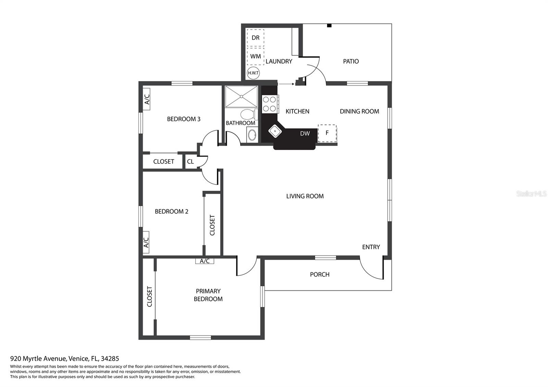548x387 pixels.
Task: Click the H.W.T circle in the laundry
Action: tap(253, 73)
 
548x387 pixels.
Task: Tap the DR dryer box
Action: tap(256, 38)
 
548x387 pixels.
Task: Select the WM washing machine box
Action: tap(256, 56)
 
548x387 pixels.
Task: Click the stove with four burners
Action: tap(270, 104)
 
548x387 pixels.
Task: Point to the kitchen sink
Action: tap(275, 131)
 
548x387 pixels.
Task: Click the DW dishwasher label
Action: tap(305, 133)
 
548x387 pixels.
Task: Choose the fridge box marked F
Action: tap(327, 133)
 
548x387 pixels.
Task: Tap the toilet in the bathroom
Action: tap(249, 114)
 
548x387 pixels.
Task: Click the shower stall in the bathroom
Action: tap(241, 97)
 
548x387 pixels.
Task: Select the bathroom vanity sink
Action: tap(252, 135)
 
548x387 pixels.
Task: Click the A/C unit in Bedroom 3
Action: tap(147, 99)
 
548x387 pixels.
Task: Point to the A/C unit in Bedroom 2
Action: tap(146, 242)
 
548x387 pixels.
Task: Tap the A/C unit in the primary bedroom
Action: tap(204, 261)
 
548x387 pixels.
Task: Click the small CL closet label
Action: tap(190, 161)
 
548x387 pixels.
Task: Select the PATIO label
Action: tap(351, 61)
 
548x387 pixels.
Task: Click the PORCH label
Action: tap(320, 274)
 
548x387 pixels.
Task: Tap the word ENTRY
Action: tap(371, 247)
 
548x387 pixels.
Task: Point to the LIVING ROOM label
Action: tap(305, 196)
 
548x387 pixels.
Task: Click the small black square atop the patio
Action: tap(329, 25)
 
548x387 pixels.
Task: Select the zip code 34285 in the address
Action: tap(110, 359)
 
